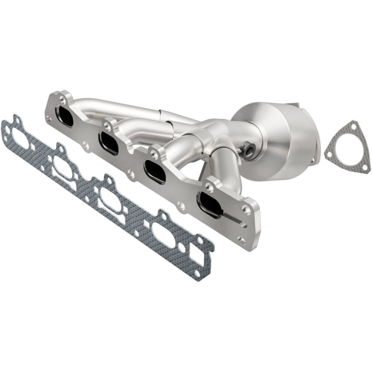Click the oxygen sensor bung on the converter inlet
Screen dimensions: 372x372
(x=246, y=150)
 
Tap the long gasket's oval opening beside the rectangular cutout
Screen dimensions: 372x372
(x=165, y=235)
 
